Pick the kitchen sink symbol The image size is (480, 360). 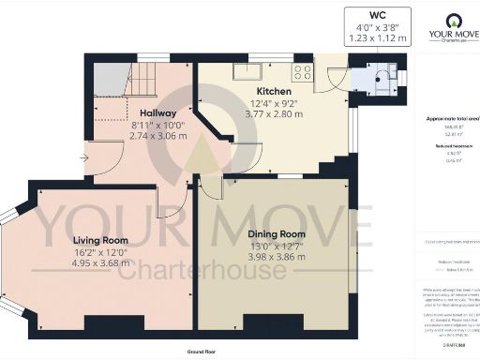255,71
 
